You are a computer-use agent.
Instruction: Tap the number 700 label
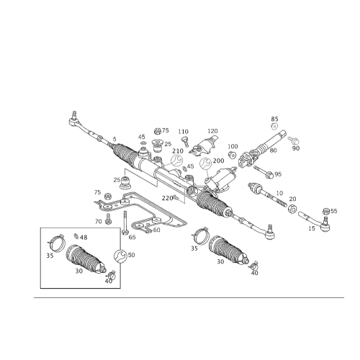217,159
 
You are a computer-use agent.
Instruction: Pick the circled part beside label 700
207,163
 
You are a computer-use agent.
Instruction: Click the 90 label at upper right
296,149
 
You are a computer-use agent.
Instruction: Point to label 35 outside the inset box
194,247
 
